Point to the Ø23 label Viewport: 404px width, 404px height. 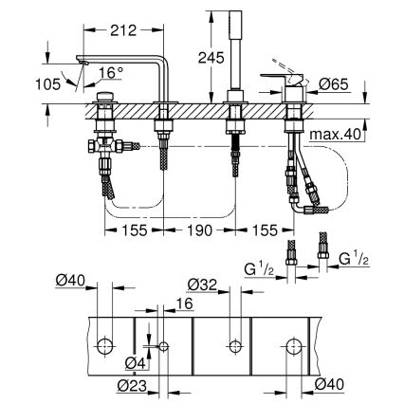(x=134, y=386)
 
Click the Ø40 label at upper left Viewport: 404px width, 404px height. (x=71, y=280)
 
